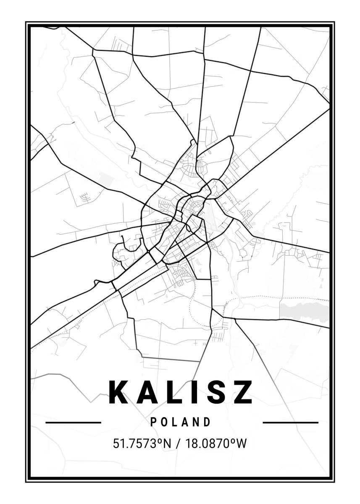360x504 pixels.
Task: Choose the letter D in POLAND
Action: pos(207,422)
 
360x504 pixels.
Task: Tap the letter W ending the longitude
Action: pos(242,444)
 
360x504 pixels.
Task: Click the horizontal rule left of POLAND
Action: pos(73,422)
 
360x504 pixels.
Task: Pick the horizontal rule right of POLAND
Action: pos(290,422)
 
